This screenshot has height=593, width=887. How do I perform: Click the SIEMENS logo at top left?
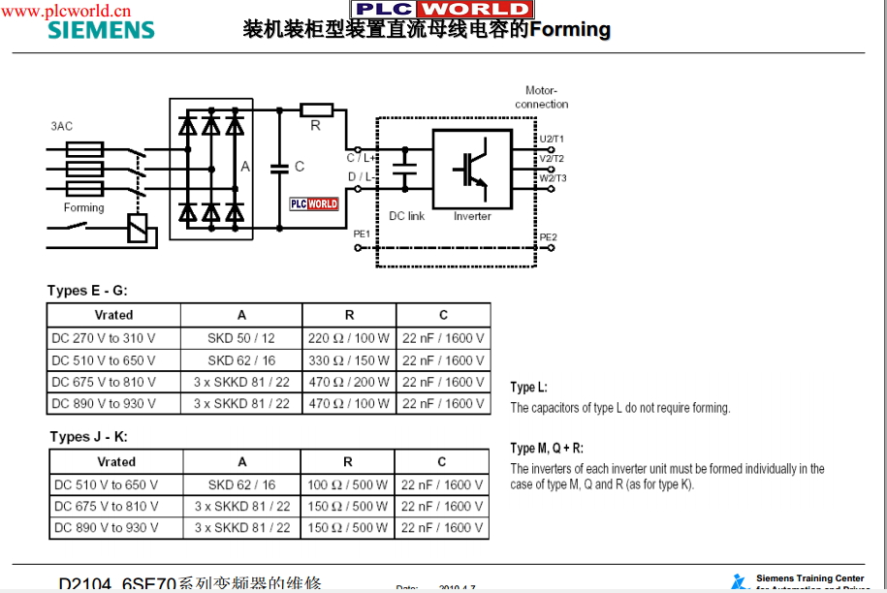[x=101, y=29]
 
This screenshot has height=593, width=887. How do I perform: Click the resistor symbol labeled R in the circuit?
[x=316, y=110]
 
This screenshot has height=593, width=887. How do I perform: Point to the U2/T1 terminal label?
[x=552, y=140]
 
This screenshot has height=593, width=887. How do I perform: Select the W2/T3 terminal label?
[x=553, y=178]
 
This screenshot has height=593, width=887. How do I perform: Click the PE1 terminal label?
[x=361, y=234]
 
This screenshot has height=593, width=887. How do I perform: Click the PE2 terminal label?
[x=549, y=237]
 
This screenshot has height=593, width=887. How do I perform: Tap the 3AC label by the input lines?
[x=61, y=127]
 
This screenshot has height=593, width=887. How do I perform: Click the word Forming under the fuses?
[x=83, y=207]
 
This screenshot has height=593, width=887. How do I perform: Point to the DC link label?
[x=406, y=216]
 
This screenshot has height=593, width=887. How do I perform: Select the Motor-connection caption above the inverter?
[x=541, y=97]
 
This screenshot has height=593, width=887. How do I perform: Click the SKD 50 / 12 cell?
[x=241, y=339]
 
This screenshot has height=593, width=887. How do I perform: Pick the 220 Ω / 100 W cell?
[x=349, y=339]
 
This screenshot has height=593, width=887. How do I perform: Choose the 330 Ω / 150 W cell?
[x=349, y=360]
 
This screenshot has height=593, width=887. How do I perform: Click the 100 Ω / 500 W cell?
[x=348, y=484]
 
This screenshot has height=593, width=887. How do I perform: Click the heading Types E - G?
[x=87, y=291]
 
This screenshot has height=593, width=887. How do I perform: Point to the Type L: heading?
[x=528, y=388]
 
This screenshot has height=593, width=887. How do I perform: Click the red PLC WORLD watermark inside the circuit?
[x=314, y=203]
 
